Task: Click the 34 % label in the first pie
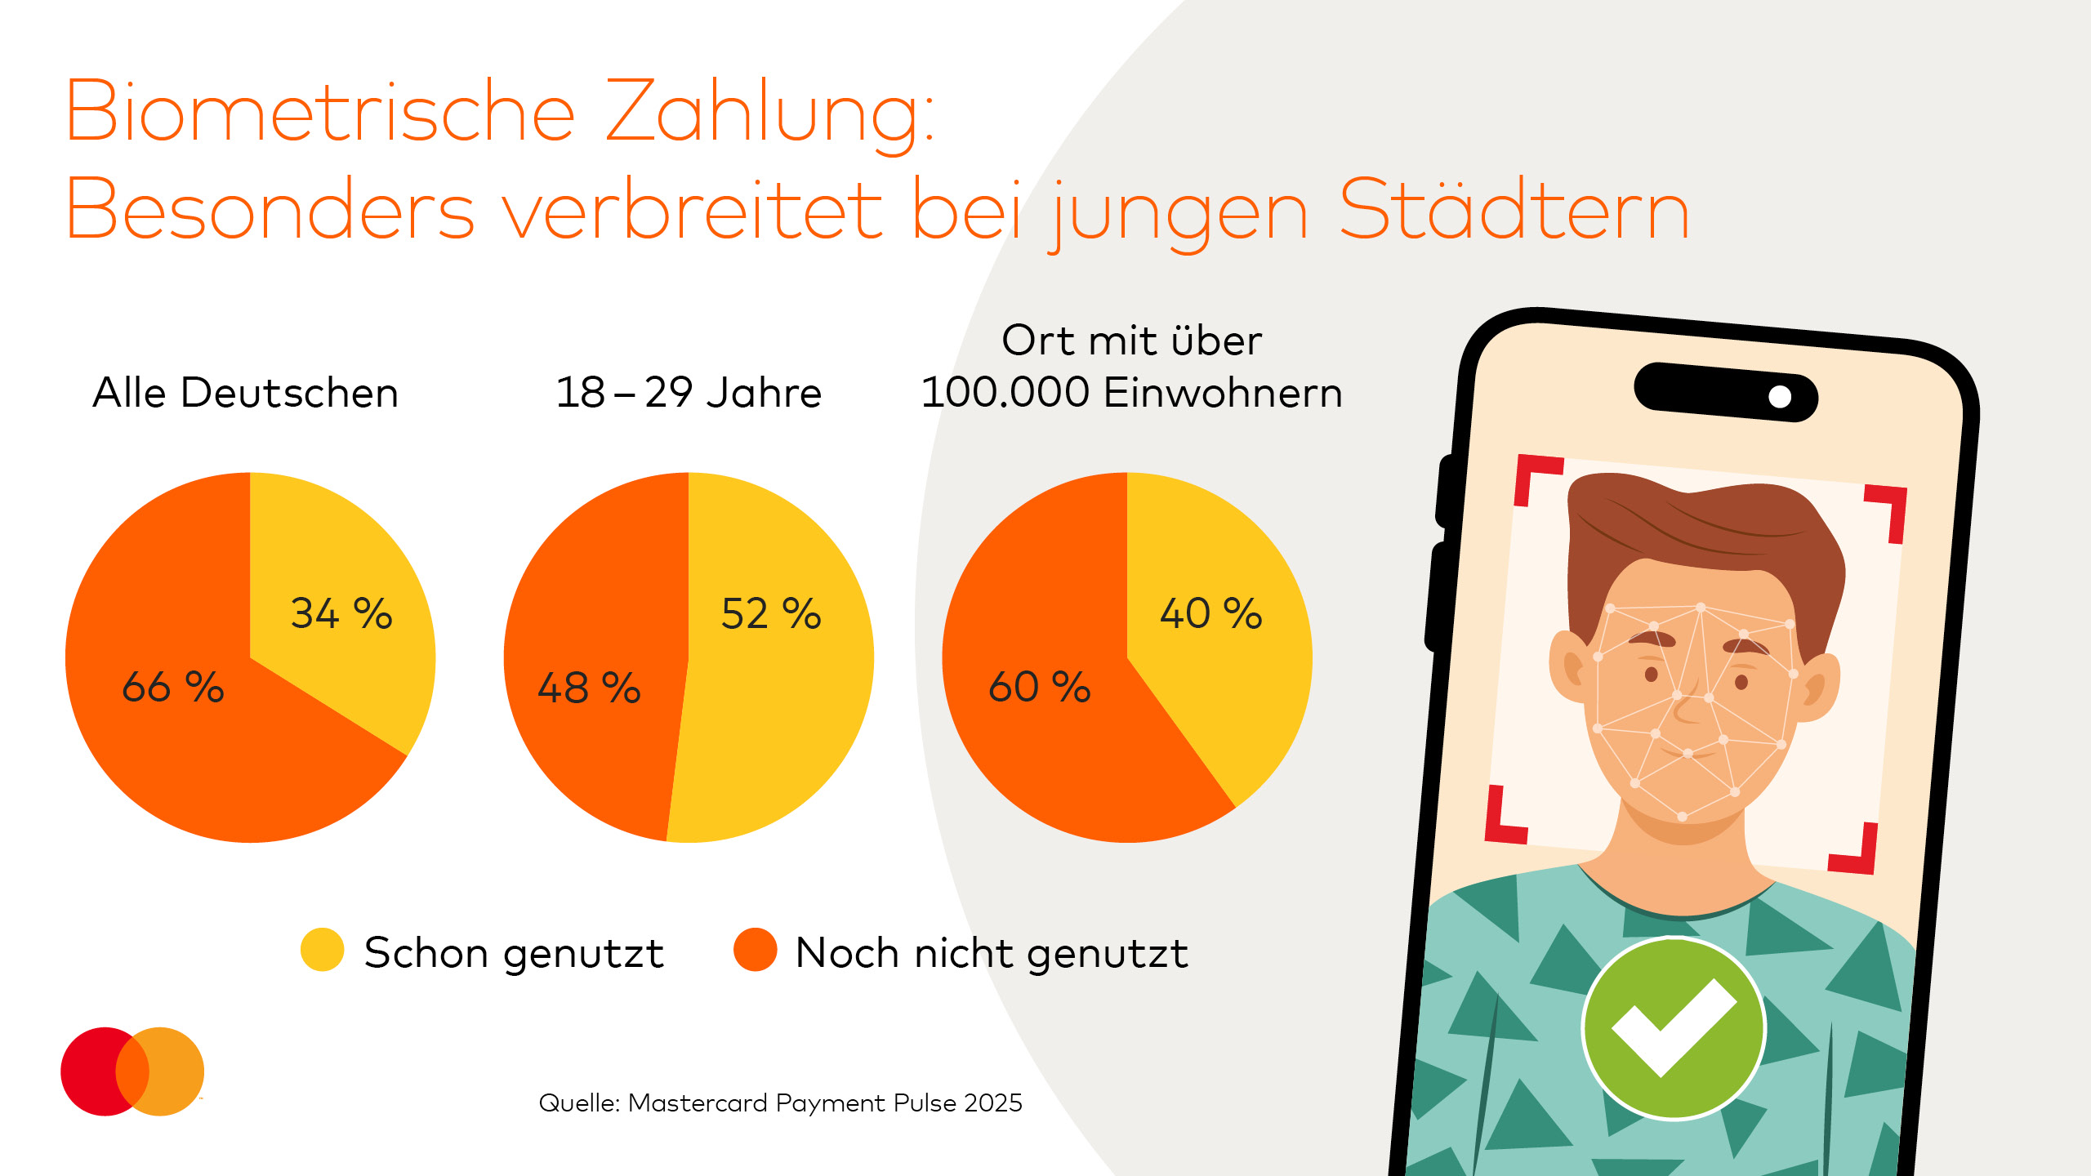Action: (341, 613)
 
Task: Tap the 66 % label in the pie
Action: (172, 687)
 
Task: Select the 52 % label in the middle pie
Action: (771, 613)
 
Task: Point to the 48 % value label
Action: (589, 688)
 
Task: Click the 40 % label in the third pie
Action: (1211, 613)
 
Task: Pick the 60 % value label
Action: (1040, 687)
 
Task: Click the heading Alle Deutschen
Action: (246, 393)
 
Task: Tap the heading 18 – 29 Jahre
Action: (689, 393)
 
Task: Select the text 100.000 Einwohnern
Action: (1131, 393)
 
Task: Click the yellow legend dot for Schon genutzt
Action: (322, 950)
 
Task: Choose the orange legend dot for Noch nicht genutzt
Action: (755, 950)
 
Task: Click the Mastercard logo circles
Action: (132, 1071)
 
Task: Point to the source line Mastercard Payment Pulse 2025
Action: (780, 1103)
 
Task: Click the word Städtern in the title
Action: (1514, 211)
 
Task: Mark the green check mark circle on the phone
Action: (1674, 1028)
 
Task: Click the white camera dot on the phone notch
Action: (1780, 397)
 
